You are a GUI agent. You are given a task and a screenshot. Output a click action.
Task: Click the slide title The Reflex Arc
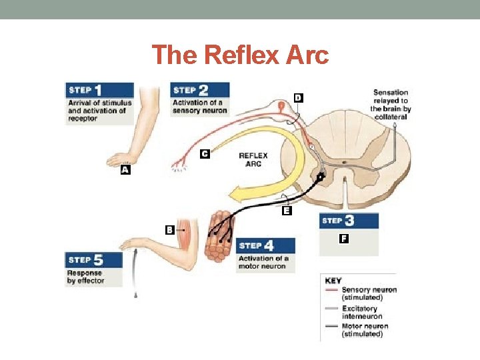coord(240,55)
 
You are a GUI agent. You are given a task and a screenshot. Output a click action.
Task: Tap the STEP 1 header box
coord(99,90)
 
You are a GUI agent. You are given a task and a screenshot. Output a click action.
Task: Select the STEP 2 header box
coord(200,90)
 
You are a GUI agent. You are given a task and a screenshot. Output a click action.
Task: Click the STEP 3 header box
coord(349,221)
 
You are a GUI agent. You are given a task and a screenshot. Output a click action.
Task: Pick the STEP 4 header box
coord(265,245)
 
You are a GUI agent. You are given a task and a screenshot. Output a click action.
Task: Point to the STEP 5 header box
coord(93,259)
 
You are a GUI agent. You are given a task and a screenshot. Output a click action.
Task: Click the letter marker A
coord(124,170)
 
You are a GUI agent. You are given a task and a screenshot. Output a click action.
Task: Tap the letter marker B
coord(170,230)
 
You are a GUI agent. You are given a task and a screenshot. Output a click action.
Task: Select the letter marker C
coord(205,154)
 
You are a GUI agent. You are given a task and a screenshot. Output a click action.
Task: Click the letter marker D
coord(298,98)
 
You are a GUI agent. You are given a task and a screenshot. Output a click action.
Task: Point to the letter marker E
coord(287,211)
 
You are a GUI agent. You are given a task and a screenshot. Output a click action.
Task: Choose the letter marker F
coord(343,238)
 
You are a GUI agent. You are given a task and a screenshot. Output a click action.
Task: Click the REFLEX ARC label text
coord(253,160)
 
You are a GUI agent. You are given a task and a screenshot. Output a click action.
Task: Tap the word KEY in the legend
coord(333,281)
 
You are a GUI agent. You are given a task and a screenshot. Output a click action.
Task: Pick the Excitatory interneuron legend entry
coord(360,312)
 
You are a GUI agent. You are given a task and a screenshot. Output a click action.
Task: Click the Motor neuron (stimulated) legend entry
coord(364,330)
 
